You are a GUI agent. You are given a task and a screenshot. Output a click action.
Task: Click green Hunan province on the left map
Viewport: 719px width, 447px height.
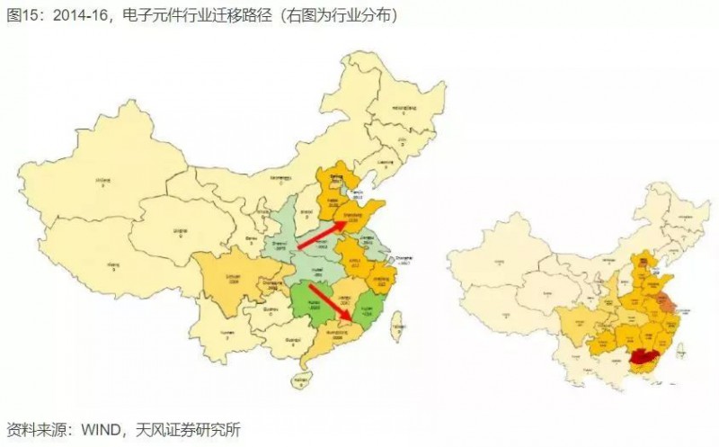[310, 301]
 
